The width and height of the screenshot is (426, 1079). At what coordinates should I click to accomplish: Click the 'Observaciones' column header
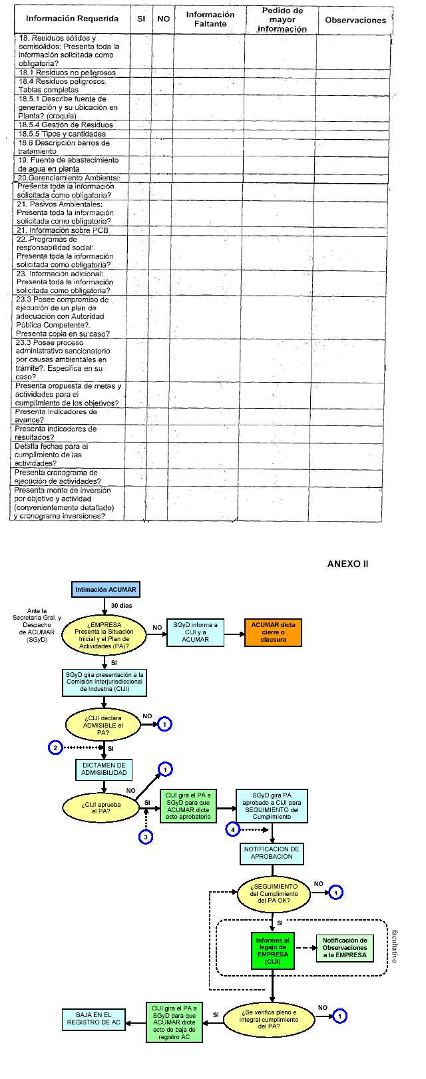(355, 20)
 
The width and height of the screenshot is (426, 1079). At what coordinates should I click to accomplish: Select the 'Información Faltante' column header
(210, 19)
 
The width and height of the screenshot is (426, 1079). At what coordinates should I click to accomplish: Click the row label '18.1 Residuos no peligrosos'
(67, 73)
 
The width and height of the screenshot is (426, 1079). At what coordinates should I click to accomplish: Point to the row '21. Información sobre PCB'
(63, 230)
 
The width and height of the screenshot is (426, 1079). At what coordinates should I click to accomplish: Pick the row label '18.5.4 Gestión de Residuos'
(66, 124)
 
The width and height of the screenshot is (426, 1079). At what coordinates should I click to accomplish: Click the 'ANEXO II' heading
(347, 564)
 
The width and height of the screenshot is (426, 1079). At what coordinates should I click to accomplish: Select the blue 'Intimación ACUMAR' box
(106, 589)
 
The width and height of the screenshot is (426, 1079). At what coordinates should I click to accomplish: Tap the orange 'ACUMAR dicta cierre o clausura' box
(273, 632)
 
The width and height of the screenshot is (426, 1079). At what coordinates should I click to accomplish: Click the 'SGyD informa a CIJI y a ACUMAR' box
(195, 632)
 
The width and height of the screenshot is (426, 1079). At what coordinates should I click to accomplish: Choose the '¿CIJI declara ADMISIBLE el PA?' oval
(103, 725)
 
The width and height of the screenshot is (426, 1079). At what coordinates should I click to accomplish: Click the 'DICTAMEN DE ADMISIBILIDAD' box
(104, 769)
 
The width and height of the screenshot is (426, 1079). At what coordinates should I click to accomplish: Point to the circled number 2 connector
(56, 748)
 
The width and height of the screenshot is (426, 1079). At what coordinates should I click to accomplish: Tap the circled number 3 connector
(145, 836)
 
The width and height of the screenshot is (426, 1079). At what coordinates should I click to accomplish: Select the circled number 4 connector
(232, 829)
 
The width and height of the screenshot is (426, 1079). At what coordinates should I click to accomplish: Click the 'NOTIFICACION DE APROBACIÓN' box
(272, 853)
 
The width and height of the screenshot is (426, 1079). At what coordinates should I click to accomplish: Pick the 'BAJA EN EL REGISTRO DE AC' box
(93, 1019)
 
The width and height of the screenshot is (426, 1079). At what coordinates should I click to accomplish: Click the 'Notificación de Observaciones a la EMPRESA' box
(345, 948)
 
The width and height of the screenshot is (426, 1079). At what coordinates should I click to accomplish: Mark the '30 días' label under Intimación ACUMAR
(122, 606)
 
